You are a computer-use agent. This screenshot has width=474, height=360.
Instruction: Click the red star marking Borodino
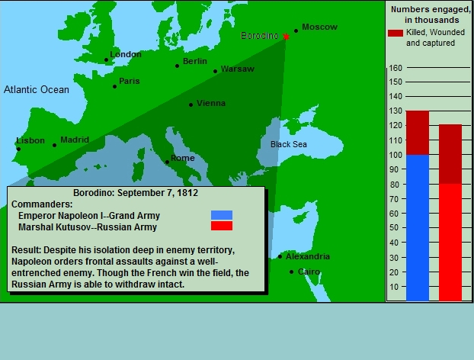pos(286,37)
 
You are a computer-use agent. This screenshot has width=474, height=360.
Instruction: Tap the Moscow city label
pos(319,27)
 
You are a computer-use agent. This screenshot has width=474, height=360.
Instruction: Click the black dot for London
pos(106,60)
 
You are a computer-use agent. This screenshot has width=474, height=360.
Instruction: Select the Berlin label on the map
pos(195,61)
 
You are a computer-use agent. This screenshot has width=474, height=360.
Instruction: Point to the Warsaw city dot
pos(215,72)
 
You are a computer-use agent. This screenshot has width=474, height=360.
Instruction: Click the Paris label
pos(130,81)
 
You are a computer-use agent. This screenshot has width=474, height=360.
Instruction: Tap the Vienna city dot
pos(191,105)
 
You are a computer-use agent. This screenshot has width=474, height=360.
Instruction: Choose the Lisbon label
pos(30,140)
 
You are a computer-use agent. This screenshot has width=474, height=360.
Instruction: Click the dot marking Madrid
pos(54,145)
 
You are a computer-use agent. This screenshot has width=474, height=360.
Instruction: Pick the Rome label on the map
pos(183,158)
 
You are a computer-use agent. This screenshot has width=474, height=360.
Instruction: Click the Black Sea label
pos(289,144)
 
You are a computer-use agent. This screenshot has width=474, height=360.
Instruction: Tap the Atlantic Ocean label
pos(37,89)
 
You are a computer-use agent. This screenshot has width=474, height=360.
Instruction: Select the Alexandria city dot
pos(280,256)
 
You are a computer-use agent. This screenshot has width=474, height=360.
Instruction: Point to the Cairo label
pos(309,272)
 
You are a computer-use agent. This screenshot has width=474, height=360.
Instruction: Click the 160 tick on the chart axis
pos(396,68)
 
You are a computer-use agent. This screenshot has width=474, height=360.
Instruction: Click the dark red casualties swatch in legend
pos(396,33)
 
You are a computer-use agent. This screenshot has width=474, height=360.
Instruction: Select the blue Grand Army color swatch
pos(222,215)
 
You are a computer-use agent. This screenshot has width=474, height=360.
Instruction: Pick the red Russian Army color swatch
pos(222,226)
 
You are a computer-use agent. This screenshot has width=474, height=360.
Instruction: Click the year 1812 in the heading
pos(187,193)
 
